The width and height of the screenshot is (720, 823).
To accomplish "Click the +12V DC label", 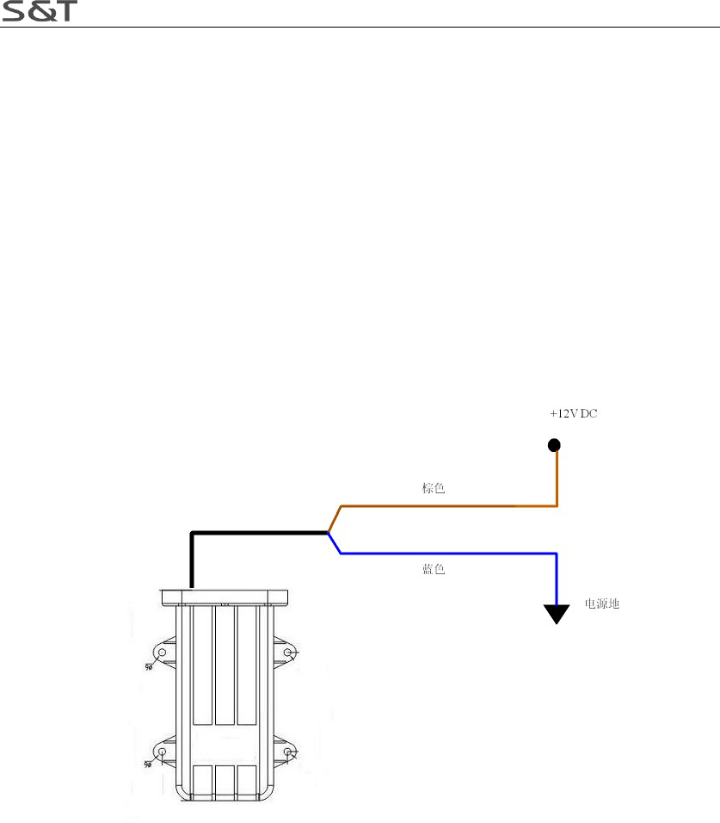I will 574,414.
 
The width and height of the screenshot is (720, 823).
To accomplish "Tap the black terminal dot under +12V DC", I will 555,445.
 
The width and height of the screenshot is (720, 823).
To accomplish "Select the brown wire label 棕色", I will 434,488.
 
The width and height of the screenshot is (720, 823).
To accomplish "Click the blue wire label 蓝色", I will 434,570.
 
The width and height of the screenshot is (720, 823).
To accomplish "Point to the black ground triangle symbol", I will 557,613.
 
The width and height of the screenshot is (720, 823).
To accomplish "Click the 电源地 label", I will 602,604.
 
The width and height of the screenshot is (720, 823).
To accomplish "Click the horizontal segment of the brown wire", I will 447,506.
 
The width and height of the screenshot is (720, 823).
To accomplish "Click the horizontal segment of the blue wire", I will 447,554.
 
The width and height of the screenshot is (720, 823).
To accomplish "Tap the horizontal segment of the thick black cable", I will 258,533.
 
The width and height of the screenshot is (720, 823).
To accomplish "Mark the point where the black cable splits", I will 329,533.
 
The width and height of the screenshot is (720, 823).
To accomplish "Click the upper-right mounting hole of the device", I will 287,653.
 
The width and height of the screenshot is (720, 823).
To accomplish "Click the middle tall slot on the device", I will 225,665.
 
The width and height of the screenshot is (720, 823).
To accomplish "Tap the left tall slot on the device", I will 202,665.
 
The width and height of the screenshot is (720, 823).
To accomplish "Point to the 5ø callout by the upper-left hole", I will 148,665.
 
